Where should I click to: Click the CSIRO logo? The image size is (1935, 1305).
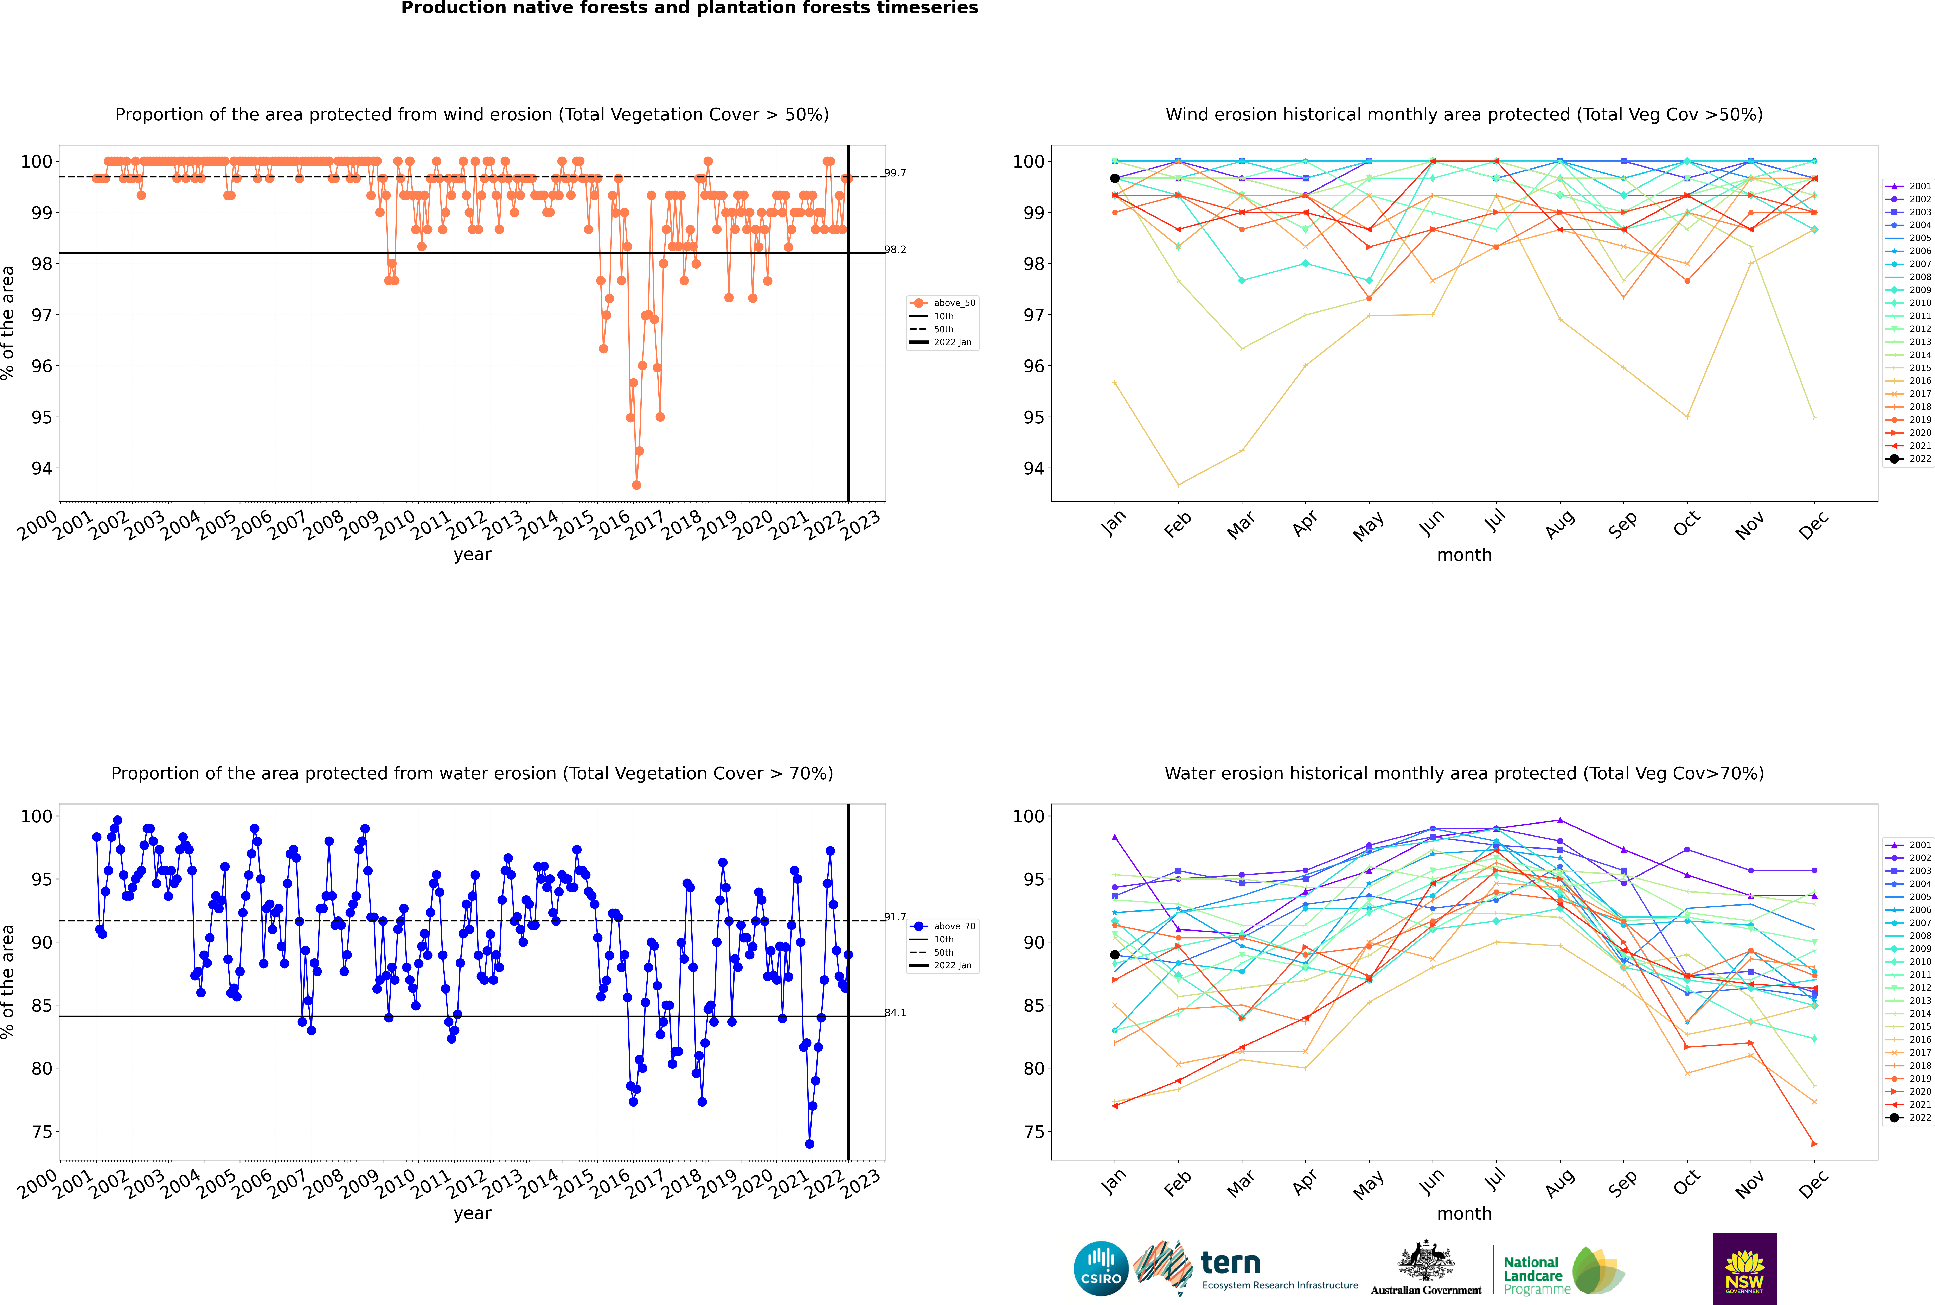pyautogui.click(x=1101, y=1268)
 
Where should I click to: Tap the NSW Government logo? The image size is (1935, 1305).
pyautogui.click(x=1744, y=1268)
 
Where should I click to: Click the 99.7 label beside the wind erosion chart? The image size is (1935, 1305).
pyautogui.click(x=895, y=173)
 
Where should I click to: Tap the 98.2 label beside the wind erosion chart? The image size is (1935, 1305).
pyautogui.click(x=895, y=250)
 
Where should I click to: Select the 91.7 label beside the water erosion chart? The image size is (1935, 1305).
pyautogui.click(x=895, y=917)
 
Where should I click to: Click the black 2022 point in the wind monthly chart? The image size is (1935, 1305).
pyautogui.click(x=1115, y=178)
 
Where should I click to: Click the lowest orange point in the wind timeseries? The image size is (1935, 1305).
pyautogui.click(x=636, y=485)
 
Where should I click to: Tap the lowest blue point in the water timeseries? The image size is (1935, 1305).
pyautogui.click(x=809, y=1144)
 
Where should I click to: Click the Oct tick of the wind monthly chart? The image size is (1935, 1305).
pyautogui.click(x=1686, y=524)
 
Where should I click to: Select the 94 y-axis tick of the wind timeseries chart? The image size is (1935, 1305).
pyautogui.click(x=41, y=469)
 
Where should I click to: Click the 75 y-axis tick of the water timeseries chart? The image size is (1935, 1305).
pyautogui.click(x=41, y=1132)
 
